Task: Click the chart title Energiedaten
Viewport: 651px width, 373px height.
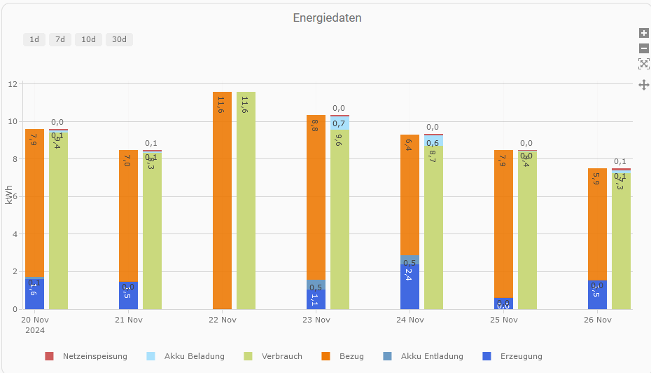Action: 327,18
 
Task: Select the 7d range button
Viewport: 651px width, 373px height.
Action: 60,39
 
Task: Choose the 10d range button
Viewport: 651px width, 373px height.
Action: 88,39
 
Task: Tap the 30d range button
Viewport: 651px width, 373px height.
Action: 119,39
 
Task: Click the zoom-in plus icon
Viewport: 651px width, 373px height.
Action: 644,33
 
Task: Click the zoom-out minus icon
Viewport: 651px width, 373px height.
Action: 644,48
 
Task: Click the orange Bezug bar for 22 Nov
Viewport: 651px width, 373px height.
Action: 222,203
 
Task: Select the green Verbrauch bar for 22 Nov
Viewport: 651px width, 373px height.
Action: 246,203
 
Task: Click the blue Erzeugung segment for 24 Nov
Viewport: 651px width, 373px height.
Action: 409,287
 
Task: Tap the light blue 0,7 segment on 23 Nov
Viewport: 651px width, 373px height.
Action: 339,123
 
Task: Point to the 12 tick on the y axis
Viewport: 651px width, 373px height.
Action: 12,84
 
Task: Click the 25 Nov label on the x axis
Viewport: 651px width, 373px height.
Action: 503,320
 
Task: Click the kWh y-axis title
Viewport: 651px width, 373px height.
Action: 8,196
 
